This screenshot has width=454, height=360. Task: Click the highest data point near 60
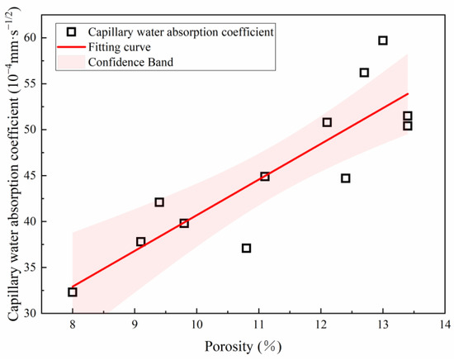pos(383,40)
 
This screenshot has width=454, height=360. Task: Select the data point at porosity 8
pos(73,292)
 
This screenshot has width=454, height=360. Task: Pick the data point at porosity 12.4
pos(346,178)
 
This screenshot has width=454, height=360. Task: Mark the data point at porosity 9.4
pos(159,202)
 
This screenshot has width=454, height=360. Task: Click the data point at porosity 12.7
pos(364,73)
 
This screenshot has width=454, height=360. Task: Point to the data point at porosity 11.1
pos(265,177)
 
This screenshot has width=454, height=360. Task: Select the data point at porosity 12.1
pos(327,122)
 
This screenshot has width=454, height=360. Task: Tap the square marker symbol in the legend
pos(71,31)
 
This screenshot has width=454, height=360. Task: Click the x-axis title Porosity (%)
pos(258,349)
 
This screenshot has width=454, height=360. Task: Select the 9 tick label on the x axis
pos(135,328)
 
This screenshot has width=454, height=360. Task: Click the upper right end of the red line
pos(408,93)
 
